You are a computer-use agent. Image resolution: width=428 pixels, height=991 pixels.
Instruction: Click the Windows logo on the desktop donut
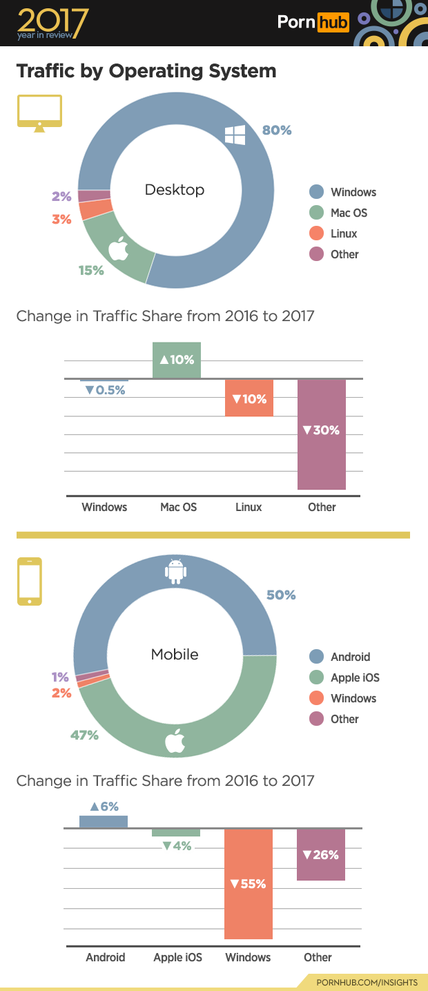tap(235, 135)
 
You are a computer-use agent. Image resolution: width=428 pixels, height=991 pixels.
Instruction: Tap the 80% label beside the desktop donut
tap(277, 130)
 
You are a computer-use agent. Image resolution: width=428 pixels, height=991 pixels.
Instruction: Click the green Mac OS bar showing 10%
tap(177, 360)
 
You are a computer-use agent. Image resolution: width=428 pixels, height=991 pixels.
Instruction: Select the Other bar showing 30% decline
tap(322, 434)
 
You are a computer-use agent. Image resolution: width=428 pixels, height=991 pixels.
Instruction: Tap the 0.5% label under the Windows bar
tap(105, 390)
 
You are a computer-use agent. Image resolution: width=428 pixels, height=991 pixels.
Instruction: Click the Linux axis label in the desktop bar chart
tap(249, 507)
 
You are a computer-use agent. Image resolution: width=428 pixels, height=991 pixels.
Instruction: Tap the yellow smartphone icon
tap(30, 581)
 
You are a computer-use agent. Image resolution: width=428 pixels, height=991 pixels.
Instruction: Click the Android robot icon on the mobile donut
tap(175, 570)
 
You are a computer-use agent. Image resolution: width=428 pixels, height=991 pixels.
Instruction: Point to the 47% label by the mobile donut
tap(84, 735)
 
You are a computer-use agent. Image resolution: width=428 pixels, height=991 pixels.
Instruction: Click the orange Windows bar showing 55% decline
tap(249, 884)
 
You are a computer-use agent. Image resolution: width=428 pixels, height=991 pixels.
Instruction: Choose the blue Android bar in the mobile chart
tap(104, 821)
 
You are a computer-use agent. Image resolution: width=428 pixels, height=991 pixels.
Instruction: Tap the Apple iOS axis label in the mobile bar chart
tap(178, 957)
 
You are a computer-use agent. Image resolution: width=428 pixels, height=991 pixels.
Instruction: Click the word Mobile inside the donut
tap(175, 654)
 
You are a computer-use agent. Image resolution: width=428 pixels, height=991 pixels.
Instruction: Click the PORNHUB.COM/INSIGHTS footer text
tap(367, 982)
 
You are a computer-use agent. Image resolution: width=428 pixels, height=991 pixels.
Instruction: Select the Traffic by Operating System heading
tap(146, 71)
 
